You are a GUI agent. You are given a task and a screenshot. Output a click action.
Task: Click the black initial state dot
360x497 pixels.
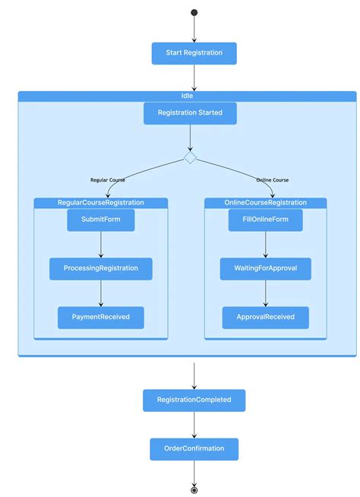pos(194,12)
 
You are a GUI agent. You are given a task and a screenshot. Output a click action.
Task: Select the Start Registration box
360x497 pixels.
pos(194,53)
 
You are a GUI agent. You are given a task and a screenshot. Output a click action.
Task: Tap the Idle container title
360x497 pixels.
pos(187,96)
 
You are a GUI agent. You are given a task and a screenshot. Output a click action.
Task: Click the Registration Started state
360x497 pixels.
pos(190,113)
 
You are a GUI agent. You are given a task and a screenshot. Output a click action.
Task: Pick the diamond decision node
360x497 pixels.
pos(190,157)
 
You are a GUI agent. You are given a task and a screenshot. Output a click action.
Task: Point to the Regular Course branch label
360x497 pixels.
pos(108,180)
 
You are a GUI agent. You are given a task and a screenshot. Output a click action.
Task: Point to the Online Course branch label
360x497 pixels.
pos(272,180)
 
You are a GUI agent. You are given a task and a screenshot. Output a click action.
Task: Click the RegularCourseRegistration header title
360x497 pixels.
pos(101,203)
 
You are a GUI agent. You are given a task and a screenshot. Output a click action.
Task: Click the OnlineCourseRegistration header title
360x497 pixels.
pos(266,203)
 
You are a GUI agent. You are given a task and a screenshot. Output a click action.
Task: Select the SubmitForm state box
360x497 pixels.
pos(101,220)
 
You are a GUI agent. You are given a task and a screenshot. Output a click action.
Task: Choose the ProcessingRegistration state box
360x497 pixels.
pos(101,268)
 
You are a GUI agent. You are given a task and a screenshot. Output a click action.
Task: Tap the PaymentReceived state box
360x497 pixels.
pos(101,317)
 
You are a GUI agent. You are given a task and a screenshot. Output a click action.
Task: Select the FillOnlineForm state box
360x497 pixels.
pos(266,220)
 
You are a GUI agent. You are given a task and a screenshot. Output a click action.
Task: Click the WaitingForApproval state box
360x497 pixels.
pos(265,268)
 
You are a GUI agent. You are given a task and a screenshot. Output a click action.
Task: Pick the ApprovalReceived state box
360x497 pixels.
pos(265,317)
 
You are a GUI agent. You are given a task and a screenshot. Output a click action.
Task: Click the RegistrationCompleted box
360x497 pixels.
pos(194,400)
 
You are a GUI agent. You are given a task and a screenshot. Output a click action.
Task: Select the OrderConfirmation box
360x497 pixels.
pos(194,448)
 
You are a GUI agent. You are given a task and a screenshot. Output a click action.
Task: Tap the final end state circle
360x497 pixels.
pos(194,490)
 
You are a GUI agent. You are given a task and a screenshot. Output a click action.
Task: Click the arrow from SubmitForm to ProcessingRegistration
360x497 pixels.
pos(101,245)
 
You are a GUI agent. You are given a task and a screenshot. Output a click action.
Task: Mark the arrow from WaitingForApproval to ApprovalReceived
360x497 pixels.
pos(265,293)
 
